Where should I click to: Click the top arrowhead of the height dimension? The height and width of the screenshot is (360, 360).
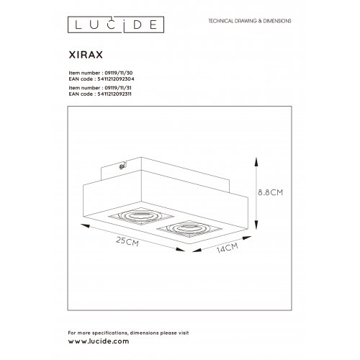click(x=261, y=161)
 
